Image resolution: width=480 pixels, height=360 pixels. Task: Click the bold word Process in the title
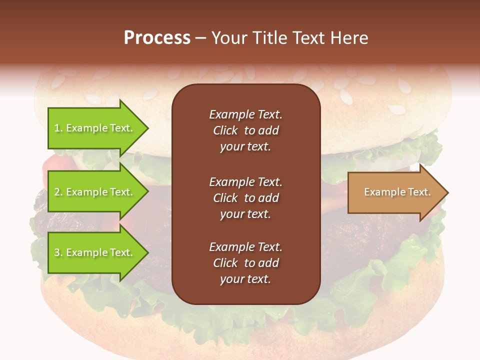click(x=157, y=38)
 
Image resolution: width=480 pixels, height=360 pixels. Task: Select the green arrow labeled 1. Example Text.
click(x=95, y=128)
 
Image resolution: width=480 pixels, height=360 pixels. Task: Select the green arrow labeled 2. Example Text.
click(x=95, y=192)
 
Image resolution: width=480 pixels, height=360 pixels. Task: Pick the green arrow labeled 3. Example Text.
click(x=95, y=252)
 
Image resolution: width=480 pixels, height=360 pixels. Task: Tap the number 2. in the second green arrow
click(x=58, y=192)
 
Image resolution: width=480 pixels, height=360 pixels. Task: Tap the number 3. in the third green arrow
click(x=58, y=252)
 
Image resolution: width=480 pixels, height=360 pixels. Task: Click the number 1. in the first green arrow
click(x=58, y=128)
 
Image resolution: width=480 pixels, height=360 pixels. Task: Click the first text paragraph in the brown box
click(x=245, y=130)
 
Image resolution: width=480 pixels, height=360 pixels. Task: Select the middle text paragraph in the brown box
click(x=245, y=198)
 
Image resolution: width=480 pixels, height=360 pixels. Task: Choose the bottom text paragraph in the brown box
click(x=245, y=263)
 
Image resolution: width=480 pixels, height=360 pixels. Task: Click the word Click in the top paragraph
click(x=225, y=130)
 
